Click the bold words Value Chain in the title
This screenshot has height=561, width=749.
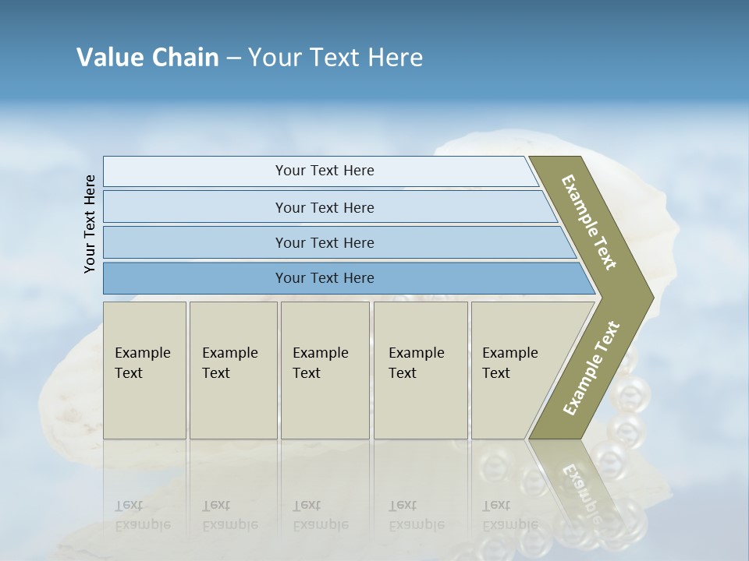[147, 58]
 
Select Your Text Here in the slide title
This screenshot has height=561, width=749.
[335, 58]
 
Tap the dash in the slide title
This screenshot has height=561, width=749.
[233, 58]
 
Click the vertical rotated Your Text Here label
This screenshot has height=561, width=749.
[90, 224]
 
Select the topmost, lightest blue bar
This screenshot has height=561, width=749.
[324, 171]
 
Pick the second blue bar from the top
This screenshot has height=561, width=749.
[324, 207]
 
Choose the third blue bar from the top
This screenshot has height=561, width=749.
[324, 242]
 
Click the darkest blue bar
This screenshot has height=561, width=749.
[324, 278]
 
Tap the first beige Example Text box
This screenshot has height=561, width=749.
[144, 370]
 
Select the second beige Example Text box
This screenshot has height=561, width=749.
[233, 370]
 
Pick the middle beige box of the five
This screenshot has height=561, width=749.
[325, 370]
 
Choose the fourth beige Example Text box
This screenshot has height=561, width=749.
[420, 370]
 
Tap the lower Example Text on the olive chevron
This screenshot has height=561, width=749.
[591, 369]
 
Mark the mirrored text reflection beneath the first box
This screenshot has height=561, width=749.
[142, 515]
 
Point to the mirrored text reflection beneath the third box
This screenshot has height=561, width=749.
[320, 515]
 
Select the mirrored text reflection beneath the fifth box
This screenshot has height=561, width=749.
[509, 515]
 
